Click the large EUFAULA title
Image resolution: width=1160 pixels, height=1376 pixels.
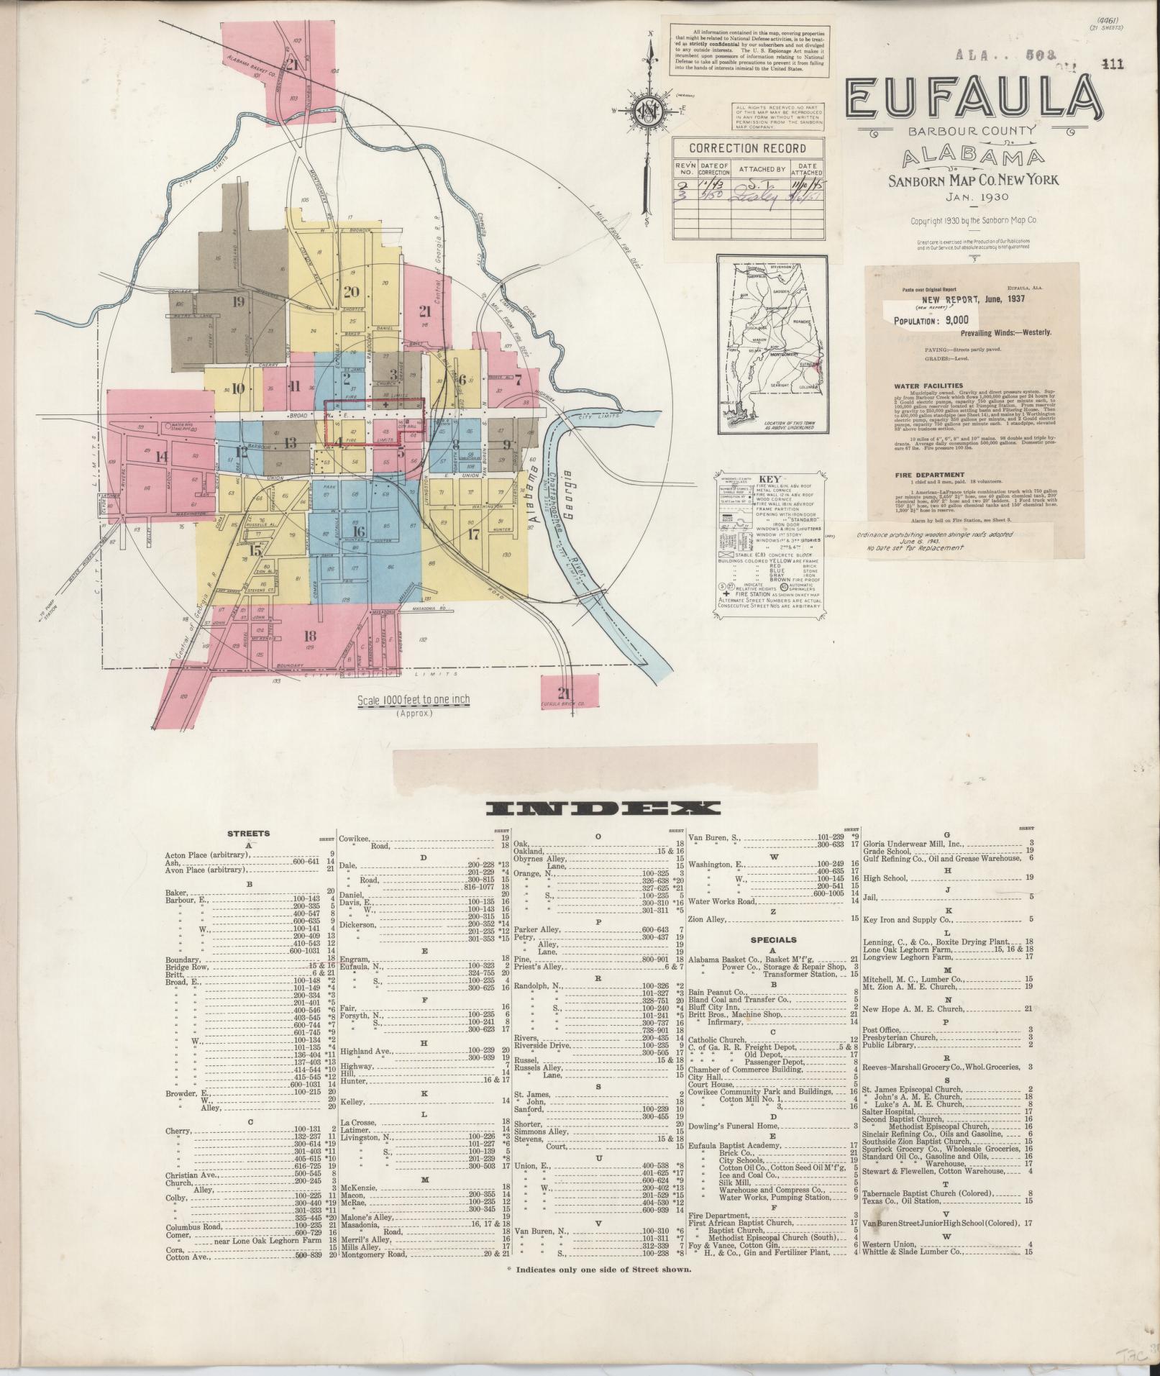pos(973,100)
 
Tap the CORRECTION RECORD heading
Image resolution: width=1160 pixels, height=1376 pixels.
pos(747,148)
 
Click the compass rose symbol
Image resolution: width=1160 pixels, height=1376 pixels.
pos(652,110)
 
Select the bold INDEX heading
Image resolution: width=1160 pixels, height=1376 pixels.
pos(603,808)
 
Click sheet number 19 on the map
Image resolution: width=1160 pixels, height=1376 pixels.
pos(238,301)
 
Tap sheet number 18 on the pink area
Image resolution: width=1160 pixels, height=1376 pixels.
pos(310,635)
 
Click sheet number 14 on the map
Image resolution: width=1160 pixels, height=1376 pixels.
pos(160,456)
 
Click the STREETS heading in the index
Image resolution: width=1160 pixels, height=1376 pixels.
pos(248,834)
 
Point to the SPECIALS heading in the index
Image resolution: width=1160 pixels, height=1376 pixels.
pos(773,939)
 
